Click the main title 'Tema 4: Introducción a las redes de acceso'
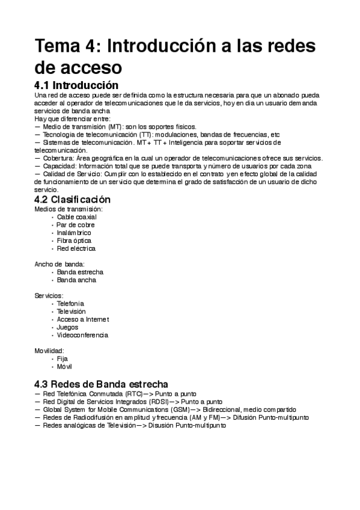pos(174,56)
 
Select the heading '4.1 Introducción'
pos(76,85)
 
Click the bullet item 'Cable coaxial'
pos(76,217)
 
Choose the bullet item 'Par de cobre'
pos(76,225)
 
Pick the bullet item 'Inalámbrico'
pos(74,233)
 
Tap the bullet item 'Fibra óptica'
pos(74,241)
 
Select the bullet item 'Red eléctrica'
pos(76,248)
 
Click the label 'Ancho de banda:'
pos(59,264)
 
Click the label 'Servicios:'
pos(49,296)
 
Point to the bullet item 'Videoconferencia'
pos(82,335)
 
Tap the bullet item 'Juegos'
pos(67,327)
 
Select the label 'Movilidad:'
pos(50,351)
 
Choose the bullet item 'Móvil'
pos(64,366)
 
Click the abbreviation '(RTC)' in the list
pos(126,393)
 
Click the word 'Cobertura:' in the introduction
pos(58,158)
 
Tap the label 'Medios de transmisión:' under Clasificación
pos(69,209)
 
